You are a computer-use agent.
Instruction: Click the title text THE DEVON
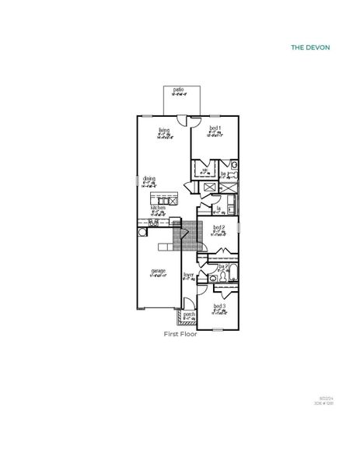click(310, 47)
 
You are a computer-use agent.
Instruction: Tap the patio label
click(179, 91)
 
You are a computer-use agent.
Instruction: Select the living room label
click(164, 130)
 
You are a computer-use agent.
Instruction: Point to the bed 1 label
click(215, 128)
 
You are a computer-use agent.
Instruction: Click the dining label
click(149, 179)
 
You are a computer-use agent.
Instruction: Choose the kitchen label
click(158, 209)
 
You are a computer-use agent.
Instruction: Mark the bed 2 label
click(218, 228)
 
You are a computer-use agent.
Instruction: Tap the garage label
click(158, 272)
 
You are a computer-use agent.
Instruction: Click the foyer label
click(188, 276)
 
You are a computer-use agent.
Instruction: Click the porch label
click(188, 315)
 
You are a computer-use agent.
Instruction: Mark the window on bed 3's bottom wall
click(219, 329)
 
